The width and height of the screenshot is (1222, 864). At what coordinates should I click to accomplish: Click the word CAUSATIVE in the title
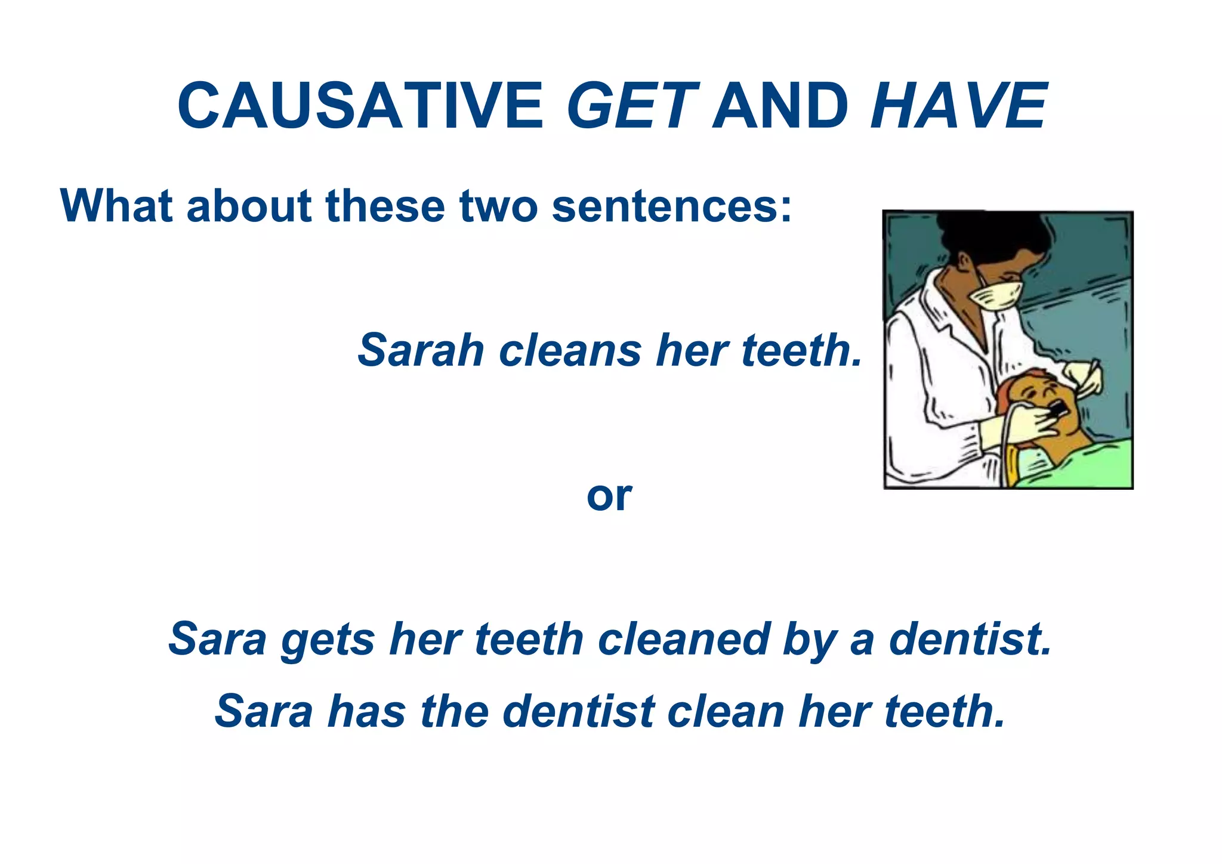[360, 106]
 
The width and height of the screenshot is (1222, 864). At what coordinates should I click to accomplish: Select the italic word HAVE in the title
[958, 106]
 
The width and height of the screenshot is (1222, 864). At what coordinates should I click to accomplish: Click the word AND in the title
[781, 106]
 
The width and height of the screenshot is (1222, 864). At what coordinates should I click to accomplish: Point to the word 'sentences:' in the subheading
[672, 206]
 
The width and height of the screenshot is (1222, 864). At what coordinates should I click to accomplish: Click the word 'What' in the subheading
[118, 206]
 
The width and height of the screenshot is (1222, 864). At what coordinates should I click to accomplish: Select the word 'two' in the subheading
[499, 206]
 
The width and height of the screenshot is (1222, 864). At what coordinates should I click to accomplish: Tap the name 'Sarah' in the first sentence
[421, 350]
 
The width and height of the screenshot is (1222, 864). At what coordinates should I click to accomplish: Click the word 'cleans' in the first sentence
[570, 350]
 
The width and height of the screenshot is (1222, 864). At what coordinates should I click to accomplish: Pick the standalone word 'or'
[609, 496]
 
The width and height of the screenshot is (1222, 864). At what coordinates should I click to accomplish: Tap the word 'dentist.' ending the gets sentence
[970, 639]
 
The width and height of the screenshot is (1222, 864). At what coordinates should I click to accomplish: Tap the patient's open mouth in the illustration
[1057, 409]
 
